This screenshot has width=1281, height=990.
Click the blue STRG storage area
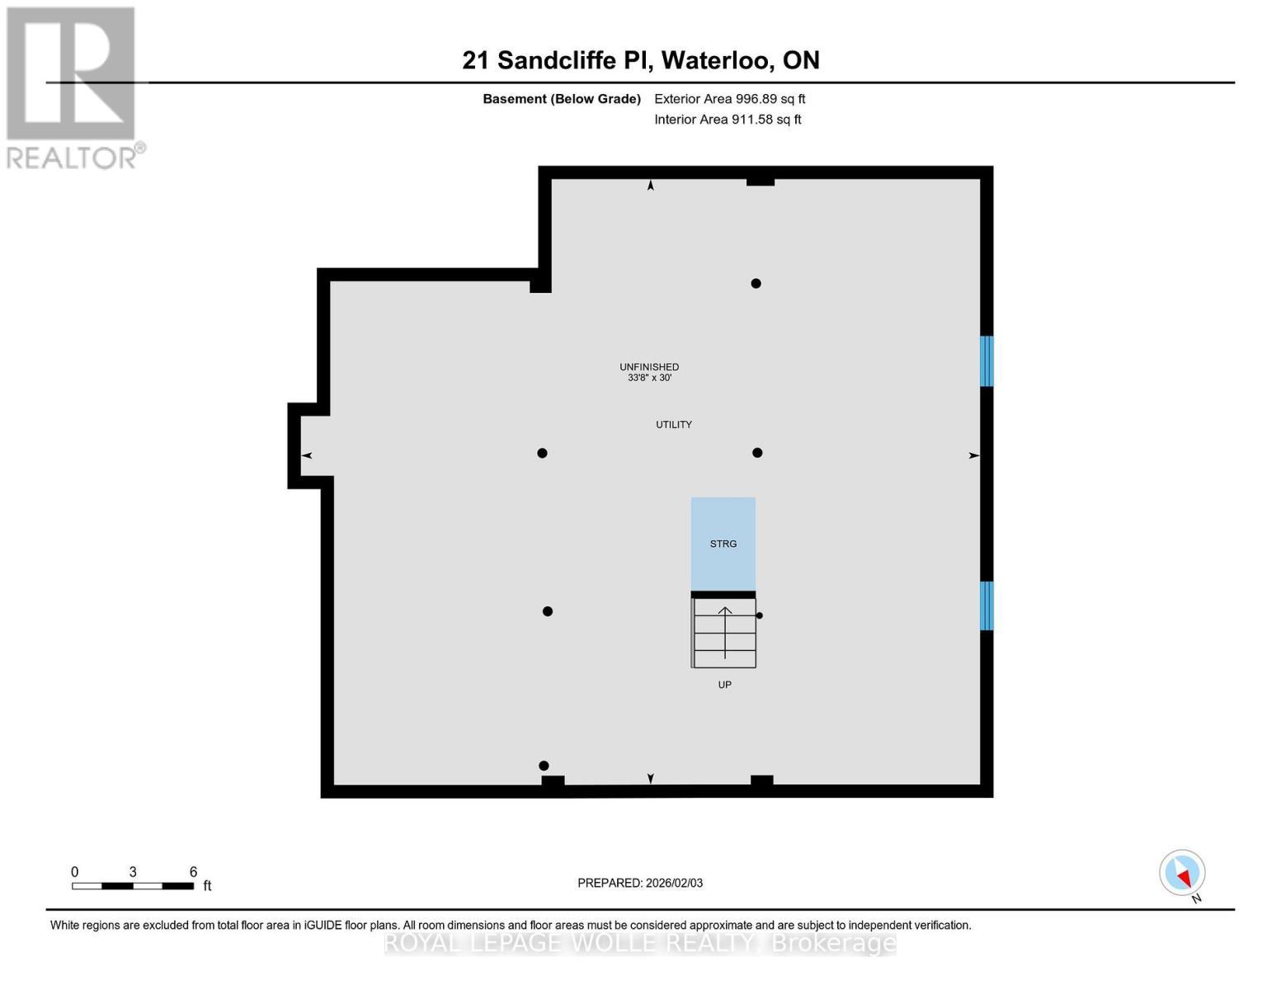723,543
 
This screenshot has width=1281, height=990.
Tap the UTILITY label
674,424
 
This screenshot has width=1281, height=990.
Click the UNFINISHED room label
649,367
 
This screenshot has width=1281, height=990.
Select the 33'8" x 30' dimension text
649,378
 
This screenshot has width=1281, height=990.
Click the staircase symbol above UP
724,633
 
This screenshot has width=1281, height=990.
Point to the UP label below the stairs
724,685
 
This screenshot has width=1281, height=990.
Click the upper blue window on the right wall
986,361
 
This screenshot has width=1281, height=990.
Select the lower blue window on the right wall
986,606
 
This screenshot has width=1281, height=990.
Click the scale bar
133,886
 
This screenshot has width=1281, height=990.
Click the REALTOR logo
73,87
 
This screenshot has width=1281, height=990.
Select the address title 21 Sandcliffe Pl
640,60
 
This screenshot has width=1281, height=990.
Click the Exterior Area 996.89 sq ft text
729,99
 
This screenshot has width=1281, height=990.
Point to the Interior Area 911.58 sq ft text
728,120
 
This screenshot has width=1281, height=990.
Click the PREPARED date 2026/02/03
640,883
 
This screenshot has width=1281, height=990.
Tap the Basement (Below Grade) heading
562,99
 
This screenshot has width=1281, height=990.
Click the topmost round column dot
756,284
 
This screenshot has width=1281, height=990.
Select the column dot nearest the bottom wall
544,766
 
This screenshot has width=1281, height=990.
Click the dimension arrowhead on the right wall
974,455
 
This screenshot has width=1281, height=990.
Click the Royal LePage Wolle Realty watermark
640,942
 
